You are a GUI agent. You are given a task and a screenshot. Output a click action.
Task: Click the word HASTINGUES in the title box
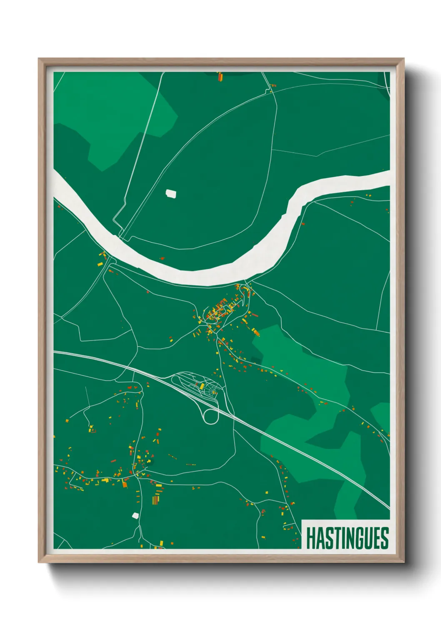[x=347, y=538]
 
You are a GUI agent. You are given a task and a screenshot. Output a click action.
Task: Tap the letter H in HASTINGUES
[x=311, y=538]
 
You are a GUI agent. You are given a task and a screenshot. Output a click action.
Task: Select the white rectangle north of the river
[x=171, y=193]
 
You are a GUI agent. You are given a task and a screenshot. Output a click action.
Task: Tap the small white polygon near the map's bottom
[x=135, y=515]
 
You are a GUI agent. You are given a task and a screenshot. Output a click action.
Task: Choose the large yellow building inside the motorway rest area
[x=202, y=386]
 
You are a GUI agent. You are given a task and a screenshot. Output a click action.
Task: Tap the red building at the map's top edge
[x=220, y=76]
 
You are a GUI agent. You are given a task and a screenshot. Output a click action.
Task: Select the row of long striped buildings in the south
[x=155, y=499]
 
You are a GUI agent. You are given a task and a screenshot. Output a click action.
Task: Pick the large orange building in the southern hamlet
[x=124, y=484]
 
